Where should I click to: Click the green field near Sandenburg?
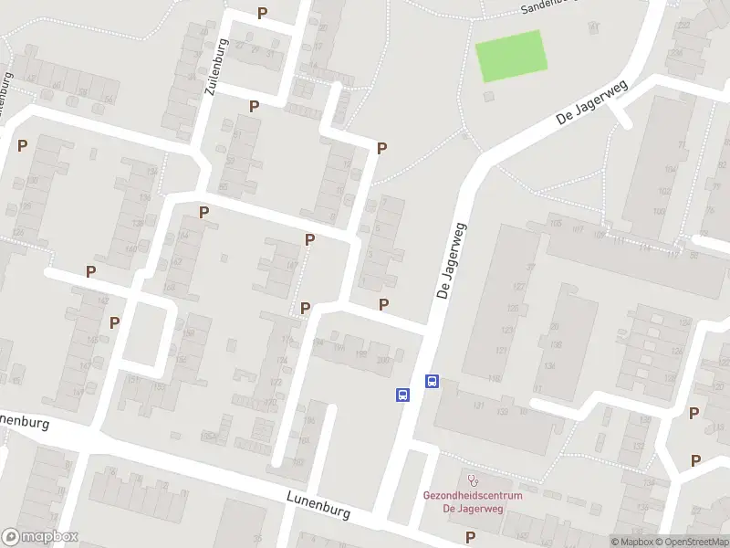pos(512,57)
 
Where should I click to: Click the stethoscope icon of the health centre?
pos(472,479)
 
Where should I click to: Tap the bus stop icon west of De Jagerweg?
pos(402,395)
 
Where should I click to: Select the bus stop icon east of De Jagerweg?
pos(433,382)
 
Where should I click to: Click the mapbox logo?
pos(40,537)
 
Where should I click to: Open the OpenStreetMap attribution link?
pos(693,542)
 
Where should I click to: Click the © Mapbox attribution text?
pos(632,542)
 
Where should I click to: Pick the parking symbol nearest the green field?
pos(382,148)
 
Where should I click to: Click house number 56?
pos(109,99)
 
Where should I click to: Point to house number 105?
pos(555,222)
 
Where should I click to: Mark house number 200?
pos(381,360)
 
